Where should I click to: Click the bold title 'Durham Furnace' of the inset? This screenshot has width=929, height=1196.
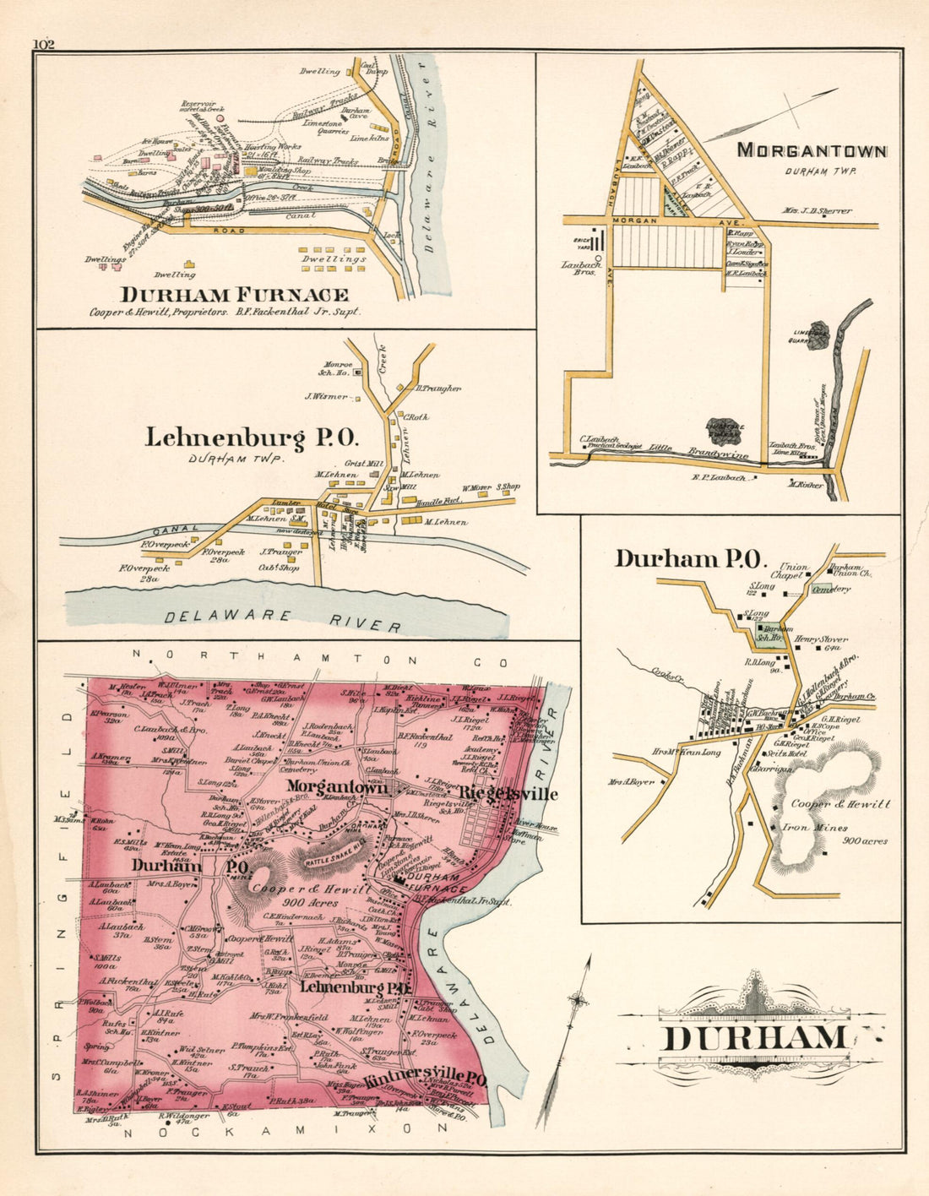tap(234, 295)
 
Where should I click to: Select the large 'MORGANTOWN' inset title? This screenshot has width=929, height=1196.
tap(812, 151)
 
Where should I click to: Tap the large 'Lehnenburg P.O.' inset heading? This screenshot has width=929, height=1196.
tap(253, 438)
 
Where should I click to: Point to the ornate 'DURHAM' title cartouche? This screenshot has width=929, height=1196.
tap(750, 1037)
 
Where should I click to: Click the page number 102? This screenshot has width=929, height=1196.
tap(44, 44)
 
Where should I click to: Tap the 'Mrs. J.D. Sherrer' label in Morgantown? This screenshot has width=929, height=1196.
tap(818, 211)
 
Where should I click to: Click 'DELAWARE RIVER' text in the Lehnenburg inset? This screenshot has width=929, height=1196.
tap(283, 618)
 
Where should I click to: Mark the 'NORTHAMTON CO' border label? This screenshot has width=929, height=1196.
tap(306, 655)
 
